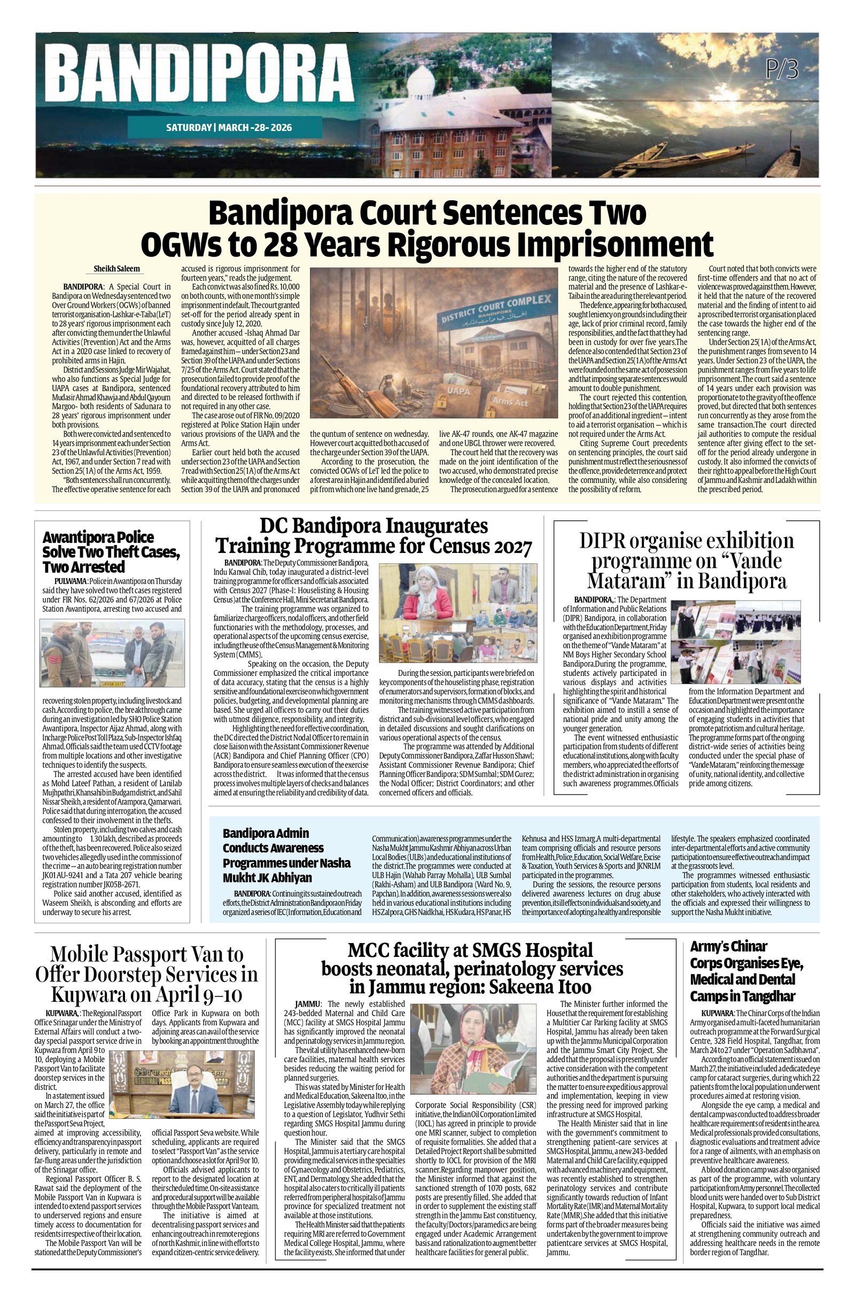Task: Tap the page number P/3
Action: click(782, 69)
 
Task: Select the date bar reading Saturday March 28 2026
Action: click(229, 128)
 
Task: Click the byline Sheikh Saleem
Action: click(116, 269)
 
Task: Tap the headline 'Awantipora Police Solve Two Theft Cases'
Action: click(111, 551)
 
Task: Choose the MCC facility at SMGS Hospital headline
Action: click(471, 968)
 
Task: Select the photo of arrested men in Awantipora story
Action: click(112, 653)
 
